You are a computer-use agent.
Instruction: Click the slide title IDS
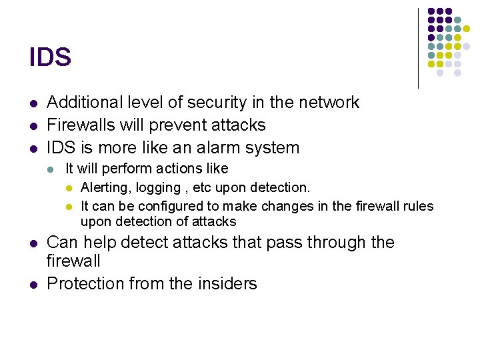tap(50, 57)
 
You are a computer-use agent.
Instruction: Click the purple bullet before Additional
tap(33, 103)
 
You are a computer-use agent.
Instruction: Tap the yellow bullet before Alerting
tap(68, 189)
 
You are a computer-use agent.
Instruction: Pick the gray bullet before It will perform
tap(51, 169)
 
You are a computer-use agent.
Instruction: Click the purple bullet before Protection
tap(33, 284)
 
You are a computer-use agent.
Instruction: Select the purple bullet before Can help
tap(33, 243)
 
